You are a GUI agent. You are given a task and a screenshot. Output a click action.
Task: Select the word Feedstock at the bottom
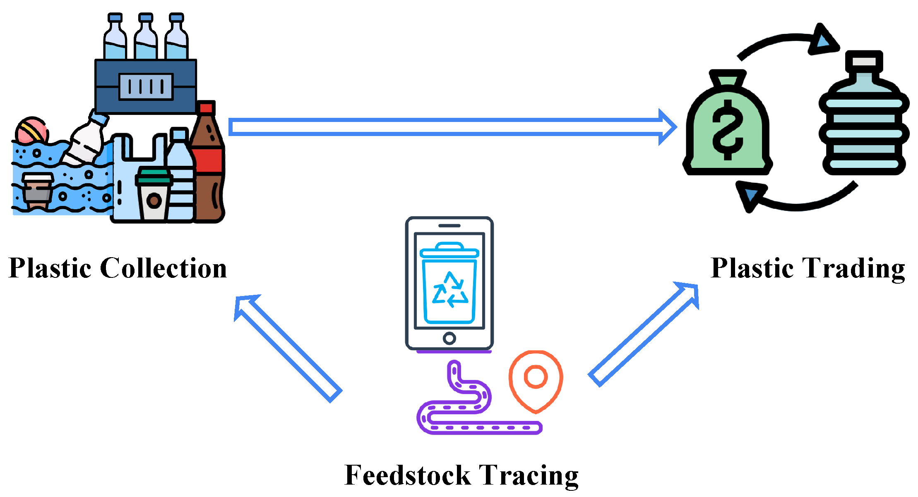click(407, 475)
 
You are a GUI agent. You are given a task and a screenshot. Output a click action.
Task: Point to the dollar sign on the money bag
click(728, 130)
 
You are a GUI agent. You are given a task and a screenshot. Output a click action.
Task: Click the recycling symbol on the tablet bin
click(450, 289)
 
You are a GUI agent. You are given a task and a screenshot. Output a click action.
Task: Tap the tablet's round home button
click(449, 338)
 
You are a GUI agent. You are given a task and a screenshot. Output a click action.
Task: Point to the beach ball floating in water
click(31, 131)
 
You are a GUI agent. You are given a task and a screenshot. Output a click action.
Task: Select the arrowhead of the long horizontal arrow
click(666, 127)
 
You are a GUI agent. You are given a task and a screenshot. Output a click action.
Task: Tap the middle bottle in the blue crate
click(145, 39)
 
